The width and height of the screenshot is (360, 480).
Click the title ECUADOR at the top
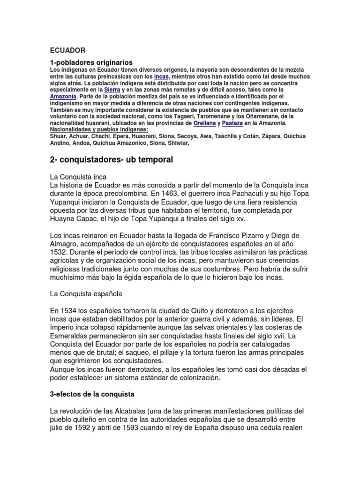(x=68, y=50)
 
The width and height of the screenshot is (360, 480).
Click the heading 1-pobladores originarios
(x=91, y=62)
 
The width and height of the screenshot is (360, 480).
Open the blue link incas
(x=161, y=76)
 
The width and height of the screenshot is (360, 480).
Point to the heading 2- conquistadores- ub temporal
(x=112, y=160)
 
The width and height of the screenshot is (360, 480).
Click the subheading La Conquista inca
(x=79, y=177)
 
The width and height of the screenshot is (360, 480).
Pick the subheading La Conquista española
(x=86, y=293)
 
